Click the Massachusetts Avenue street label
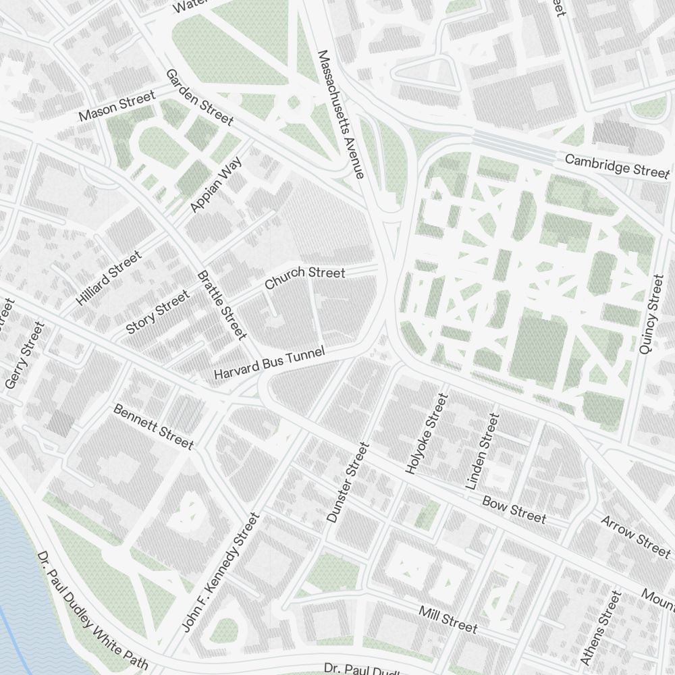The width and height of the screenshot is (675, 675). click(341, 114)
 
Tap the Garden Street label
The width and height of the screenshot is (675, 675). click(199, 97)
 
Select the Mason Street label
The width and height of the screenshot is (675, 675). click(117, 107)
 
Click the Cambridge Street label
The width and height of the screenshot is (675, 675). click(617, 165)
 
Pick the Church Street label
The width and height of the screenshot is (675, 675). click(304, 277)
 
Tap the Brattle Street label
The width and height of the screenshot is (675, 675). click(221, 304)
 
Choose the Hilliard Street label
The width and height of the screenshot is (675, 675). click(109, 278)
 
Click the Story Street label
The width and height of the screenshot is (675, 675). click(158, 311)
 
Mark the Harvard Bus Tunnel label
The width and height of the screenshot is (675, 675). click(269, 363)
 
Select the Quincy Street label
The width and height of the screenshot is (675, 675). click(651, 314)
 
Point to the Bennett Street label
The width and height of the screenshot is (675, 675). click(153, 427)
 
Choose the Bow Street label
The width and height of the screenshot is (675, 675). click(514, 510)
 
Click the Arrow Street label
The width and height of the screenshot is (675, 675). click(635, 536)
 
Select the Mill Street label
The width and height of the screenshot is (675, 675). click(448, 620)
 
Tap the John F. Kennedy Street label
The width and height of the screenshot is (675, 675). click(221, 572)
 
